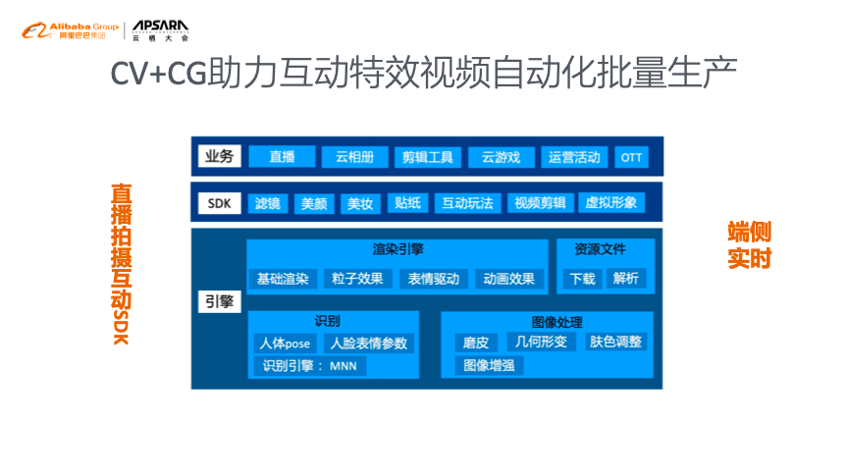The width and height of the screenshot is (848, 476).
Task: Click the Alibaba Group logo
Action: point(70,31)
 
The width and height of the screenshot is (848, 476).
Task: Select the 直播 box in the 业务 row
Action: point(282,157)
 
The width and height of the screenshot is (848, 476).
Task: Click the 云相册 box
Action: point(354,157)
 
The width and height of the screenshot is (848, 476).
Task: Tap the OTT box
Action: point(631,157)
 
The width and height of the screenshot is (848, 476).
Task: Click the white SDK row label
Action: point(218,203)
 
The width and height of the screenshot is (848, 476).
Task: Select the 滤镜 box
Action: point(267,203)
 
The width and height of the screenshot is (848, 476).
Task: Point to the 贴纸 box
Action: point(406,203)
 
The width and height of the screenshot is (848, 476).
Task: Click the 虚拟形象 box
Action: point(610,203)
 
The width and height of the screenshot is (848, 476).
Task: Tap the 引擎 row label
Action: point(218,301)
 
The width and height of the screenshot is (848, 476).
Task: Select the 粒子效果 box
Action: point(357,279)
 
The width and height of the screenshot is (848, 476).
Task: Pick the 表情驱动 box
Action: point(433,279)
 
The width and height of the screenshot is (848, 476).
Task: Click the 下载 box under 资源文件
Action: point(582,279)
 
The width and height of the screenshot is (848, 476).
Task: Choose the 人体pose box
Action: point(284,344)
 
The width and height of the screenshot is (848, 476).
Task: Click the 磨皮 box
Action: point(476,343)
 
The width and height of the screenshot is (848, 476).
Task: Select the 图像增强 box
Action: point(489,366)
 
